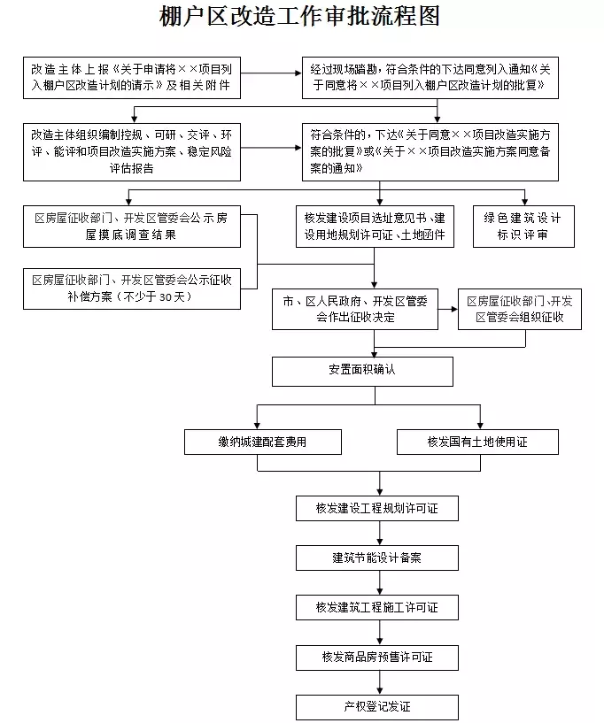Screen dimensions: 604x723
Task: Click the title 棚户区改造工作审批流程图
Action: pyautogui.click(x=299, y=17)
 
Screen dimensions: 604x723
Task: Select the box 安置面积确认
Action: pyautogui.click(x=362, y=371)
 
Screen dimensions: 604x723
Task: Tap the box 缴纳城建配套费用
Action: pyautogui.click(x=262, y=442)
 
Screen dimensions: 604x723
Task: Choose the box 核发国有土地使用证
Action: pyautogui.click(x=477, y=442)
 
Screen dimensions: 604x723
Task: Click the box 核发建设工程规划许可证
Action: pyautogui.click(x=377, y=508)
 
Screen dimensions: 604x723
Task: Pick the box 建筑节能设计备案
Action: pyautogui.click(x=377, y=558)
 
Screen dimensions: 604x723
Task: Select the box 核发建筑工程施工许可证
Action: pyautogui.click(x=377, y=607)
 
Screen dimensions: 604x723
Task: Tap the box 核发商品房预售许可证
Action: pyautogui.click(x=377, y=657)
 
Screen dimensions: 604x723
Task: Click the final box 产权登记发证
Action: pyautogui.click(x=377, y=707)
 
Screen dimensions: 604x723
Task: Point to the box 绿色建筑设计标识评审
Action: pyautogui.click(x=523, y=227)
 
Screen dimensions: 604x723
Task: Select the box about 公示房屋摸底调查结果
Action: pyautogui.click(x=131, y=227)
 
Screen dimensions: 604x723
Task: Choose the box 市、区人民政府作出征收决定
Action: pyautogui.click(x=355, y=309)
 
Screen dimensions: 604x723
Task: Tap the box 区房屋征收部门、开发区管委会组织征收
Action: pyautogui.click(x=520, y=309)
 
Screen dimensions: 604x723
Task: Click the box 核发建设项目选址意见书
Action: pyautogui.click(x=375, y=227)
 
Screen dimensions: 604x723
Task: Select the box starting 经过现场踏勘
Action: pyautogui.click(x=430, y=78)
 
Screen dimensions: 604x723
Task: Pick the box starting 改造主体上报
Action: pyautogui.click(x=131, y=78)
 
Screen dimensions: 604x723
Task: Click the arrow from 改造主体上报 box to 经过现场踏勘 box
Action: pyautogui.click(x=271, y=73)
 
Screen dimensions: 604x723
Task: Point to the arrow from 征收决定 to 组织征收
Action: pyautogui.click(x=448, y=309)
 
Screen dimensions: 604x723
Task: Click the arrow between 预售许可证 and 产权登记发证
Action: pyautogui.click(x=380, y=682)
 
